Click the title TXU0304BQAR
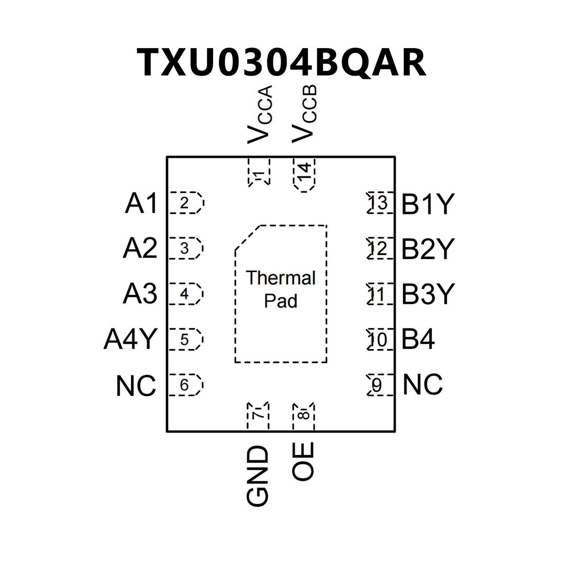281,62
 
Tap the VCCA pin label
260,114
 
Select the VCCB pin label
304,114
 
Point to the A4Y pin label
131,339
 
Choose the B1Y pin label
428,204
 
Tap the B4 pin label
418,339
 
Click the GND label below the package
258,476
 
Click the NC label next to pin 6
136,386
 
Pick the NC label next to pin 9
423,385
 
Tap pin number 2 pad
185,203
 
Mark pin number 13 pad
379,203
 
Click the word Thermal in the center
281,278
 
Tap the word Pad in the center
281,301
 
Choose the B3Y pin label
428,294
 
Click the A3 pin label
140,294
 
